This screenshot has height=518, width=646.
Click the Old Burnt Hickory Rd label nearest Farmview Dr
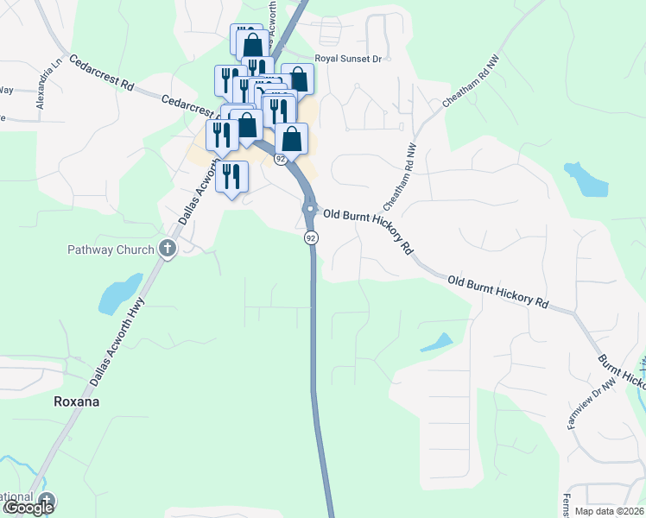click(499, 293)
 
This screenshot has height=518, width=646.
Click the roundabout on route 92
click(309, 209)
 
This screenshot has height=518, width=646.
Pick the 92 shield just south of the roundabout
click(311, 237)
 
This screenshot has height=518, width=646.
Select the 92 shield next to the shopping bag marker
click(280, 160)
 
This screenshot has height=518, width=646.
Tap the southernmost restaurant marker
click(231, 176)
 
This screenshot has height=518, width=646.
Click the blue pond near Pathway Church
click(119, 294)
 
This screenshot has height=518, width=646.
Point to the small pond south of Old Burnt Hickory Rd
click(438, 342)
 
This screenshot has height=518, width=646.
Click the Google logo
click(28, 508)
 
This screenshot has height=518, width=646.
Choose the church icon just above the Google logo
click(46, 498)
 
